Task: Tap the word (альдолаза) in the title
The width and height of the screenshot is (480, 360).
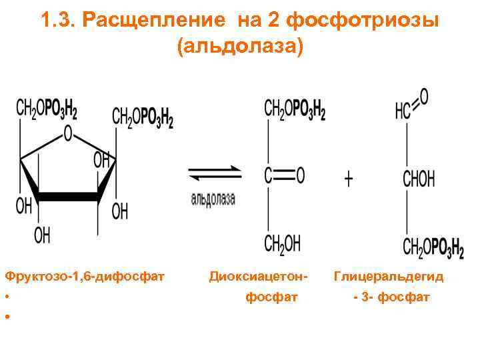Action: pyautogui.click(x=240, y=47)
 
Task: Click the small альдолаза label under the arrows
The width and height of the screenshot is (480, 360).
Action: pyautogui.click(x=213, y=199)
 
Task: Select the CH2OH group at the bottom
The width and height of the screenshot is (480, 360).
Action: pyautogui.click(x=283, y=244)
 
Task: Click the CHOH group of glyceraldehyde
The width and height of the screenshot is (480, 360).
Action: pyautogui.click(x=418, y=179)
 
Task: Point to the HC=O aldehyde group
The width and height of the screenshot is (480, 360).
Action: pyautogui.click(x=411, y=105)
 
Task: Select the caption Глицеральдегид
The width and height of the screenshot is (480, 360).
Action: pyautogui.click(x=389, y=275)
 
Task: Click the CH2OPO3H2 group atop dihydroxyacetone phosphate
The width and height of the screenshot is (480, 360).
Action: pyautogui.click(x=295, y=109)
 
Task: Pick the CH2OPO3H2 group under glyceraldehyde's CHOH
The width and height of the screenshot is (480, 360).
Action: pyautogui.click(x=433, y=248)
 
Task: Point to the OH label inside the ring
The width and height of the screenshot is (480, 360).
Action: pyautogui.click(x=101, y=160)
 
